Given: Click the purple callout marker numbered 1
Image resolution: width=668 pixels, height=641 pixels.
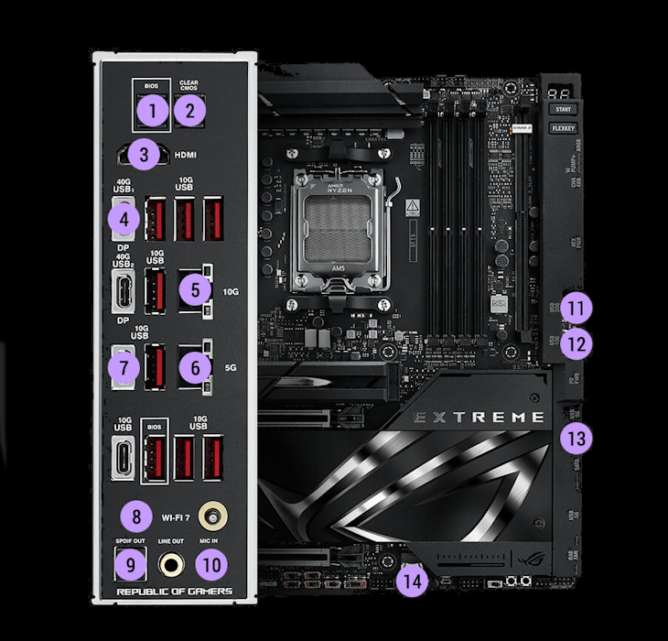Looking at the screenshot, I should click(x=152, y=113).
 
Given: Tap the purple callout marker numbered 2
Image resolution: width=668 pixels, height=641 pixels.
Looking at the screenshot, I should click(x=189, y=113).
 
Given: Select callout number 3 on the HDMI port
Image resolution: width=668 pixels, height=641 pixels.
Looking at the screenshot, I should click(x=144, y=155).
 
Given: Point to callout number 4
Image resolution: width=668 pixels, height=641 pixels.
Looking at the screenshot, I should click(x=124, y=220).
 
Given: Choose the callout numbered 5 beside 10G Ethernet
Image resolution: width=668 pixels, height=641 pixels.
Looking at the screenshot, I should click(x=195, y=291).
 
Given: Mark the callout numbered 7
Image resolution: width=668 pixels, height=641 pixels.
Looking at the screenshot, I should click(x=124, y=368).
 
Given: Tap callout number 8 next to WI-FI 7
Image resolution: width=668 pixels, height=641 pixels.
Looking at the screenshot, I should click(x=136, y=516).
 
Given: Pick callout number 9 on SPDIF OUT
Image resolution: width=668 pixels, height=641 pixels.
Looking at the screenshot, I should click(x=130, y=565).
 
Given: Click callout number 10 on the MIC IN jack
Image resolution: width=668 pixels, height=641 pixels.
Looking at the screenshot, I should click(x=211, y=565).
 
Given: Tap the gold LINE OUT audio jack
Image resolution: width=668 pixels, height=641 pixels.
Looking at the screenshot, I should click(x=169, y=565).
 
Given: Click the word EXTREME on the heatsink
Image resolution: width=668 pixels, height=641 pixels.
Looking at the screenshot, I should click(x=479, y=418).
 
